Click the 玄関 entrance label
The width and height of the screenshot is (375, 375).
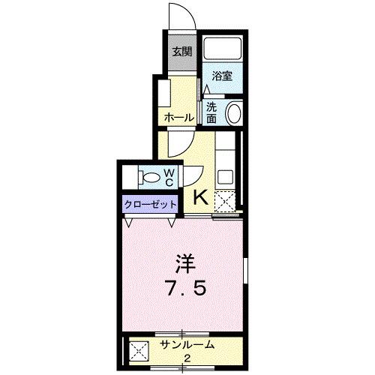tap(182, 52)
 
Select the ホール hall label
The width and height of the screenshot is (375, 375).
tap(179, 118)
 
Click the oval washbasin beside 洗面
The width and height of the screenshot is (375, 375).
tap(233, 114)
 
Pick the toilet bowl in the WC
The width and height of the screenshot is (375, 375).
tap(152, 178)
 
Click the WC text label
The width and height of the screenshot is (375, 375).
tap(169, 178)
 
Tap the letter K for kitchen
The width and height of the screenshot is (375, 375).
tap(201, 198)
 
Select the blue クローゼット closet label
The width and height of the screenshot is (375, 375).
tap(151, 204)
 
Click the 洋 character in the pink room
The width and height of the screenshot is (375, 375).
tap(184, 264)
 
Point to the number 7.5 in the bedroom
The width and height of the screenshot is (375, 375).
tap(184, 289)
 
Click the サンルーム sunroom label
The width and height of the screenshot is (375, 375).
tap(187, 346)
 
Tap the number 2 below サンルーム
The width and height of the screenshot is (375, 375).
tap(187, 358)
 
